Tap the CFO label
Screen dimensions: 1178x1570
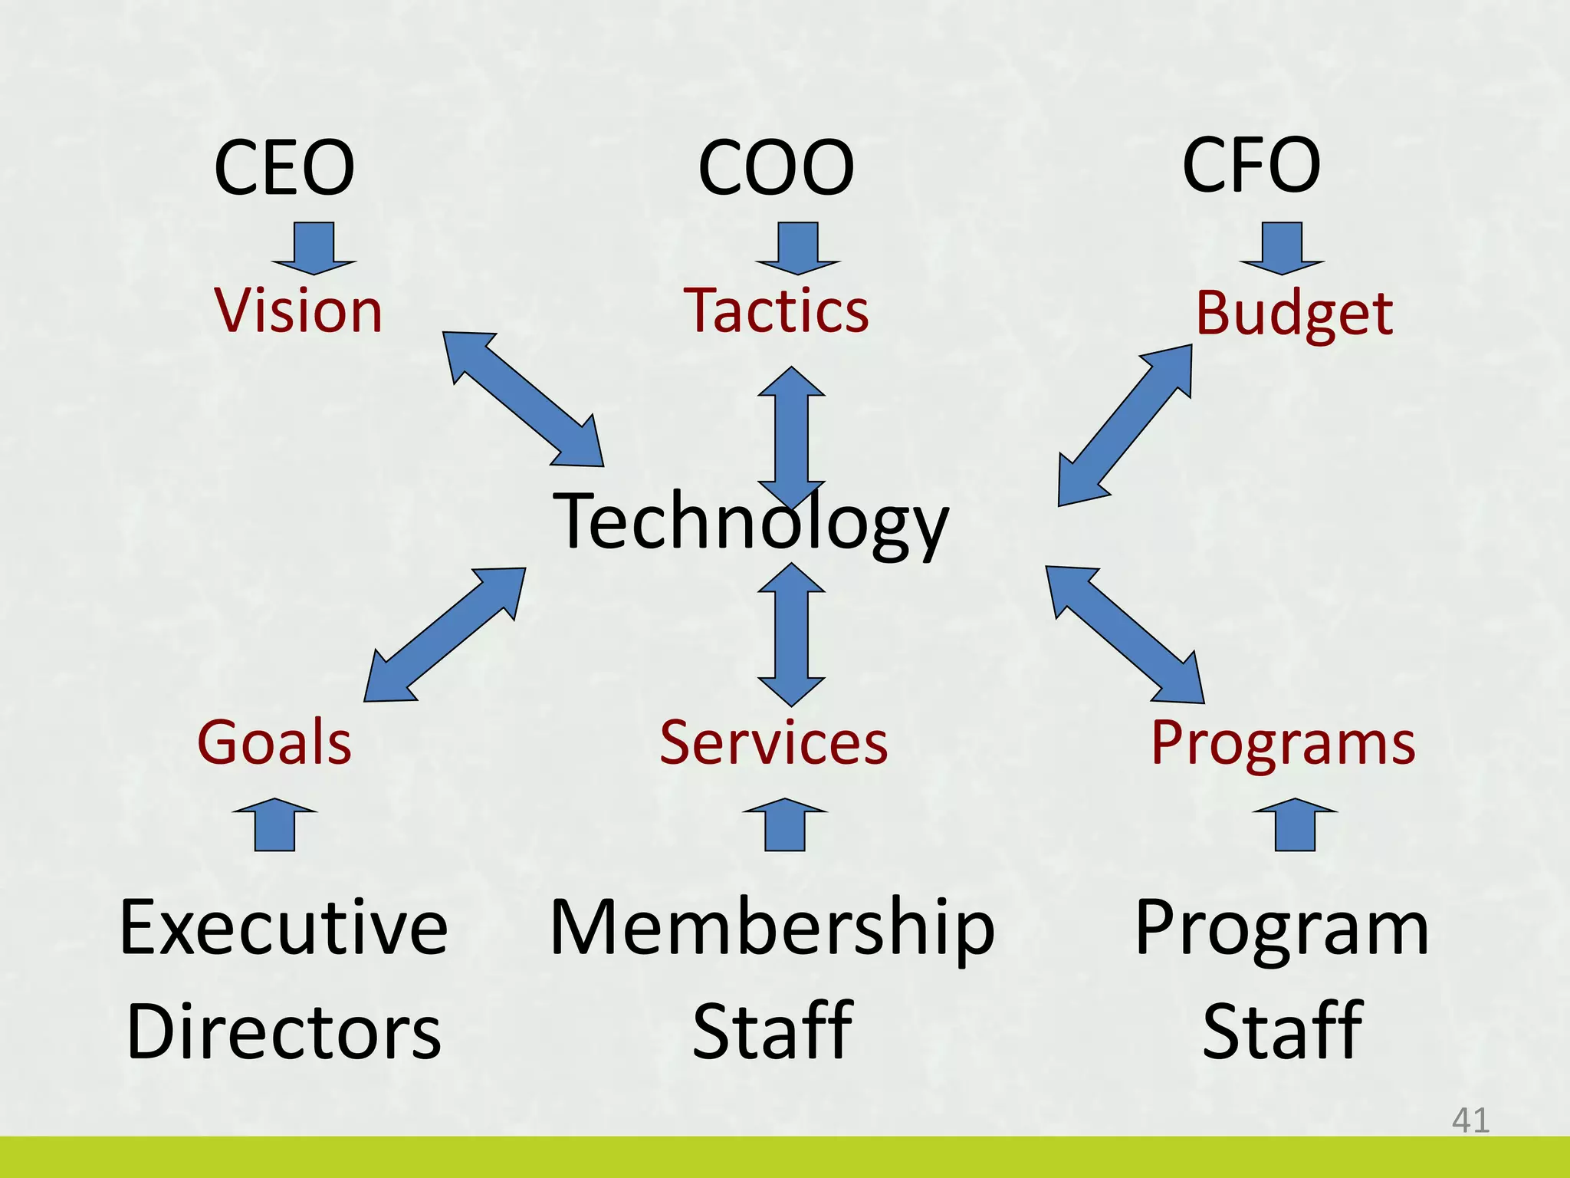coord(1251,165)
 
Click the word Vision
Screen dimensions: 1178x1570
coord(298,311)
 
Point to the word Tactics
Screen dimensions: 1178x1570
coord(776,311)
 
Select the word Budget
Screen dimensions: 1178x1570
coord(1294,314)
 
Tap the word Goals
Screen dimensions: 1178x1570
coord(274,742)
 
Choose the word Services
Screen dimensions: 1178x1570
coord(774,742)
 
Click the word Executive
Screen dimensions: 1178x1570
coord(284,928)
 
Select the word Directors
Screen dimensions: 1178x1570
coord(284,1032)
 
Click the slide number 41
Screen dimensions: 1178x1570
coord(1470,1120)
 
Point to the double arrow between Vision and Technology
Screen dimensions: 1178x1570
coord(524,400)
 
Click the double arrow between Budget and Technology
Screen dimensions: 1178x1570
coord(1125,425)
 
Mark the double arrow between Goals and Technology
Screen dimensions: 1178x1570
coord(445,634)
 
